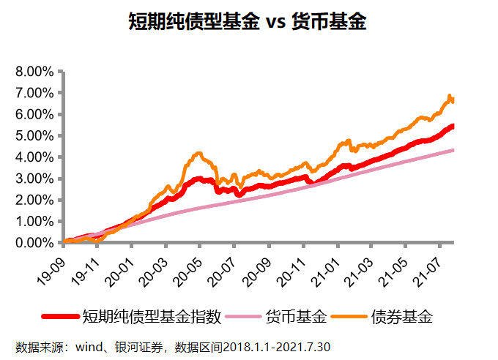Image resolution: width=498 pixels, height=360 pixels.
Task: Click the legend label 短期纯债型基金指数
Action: pos(152,316)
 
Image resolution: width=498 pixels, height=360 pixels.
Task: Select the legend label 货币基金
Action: pos(295,316)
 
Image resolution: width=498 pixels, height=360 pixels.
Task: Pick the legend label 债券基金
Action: pos(402,316)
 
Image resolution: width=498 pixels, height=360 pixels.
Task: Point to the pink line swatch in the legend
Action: pos(242,317)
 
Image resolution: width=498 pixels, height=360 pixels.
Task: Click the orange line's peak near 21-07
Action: pos(449,96)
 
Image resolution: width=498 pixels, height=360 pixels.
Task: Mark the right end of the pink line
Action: pos(453,150)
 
